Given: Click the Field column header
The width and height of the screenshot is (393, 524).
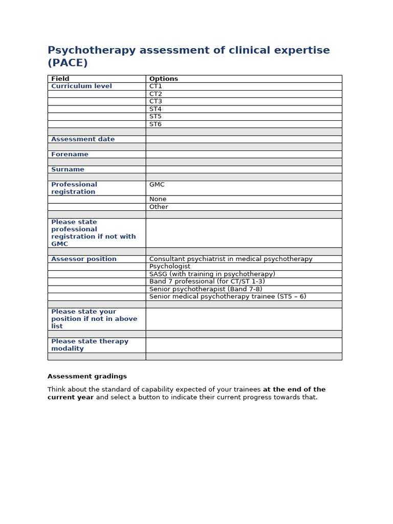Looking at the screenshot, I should point(60,79).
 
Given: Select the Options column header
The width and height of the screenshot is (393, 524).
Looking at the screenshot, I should point(164,79).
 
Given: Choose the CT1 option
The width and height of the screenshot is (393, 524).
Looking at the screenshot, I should point(156,86).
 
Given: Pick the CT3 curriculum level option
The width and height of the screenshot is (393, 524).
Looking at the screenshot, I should point(156,101).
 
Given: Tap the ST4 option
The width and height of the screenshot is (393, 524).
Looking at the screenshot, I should point(156,109).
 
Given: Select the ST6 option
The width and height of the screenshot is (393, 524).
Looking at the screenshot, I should point(156,124).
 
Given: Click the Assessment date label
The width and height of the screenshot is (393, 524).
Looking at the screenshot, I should point(83,139).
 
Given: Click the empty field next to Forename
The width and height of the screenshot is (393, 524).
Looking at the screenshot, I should point(244,155).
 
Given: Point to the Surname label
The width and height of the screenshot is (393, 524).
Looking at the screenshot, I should point(68,169).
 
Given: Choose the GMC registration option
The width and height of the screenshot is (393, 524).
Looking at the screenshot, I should point(157,185).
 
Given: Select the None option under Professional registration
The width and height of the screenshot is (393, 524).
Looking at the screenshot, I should point(158,200).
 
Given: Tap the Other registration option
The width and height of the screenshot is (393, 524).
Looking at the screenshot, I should point(159,207).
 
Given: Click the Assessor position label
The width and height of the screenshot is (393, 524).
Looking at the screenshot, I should point(84,259).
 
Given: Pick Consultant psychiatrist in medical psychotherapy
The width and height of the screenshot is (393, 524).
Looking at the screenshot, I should point(231,259).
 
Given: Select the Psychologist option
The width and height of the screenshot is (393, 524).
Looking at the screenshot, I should point(170,267).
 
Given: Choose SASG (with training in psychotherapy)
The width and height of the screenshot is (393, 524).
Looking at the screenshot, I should point(212,274).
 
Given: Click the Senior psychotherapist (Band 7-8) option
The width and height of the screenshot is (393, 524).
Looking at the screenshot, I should point(206,289).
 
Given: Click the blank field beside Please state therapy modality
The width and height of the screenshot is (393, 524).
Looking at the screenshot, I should point(244,345).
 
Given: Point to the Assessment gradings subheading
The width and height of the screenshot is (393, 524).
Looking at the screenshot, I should point(87,377).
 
